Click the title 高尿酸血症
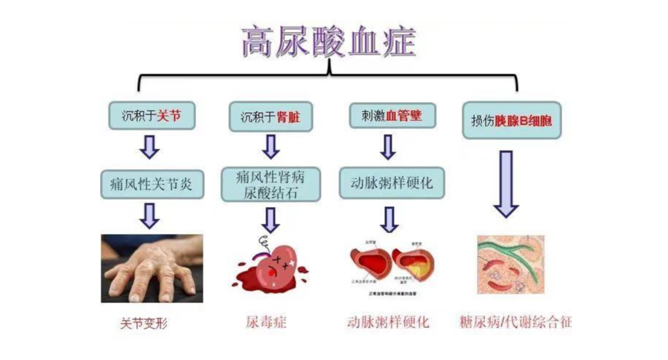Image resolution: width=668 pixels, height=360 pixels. [329, 42]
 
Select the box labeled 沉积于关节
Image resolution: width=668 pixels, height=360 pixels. [152, 115]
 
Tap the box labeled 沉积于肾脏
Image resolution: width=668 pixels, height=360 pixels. [271, 116]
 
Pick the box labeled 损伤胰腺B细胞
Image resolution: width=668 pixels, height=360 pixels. [512, 120]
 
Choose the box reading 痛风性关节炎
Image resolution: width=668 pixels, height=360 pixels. [152, 184]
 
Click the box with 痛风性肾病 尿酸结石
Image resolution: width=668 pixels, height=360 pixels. [271, 184]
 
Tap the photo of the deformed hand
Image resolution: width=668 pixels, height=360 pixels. [151, 267]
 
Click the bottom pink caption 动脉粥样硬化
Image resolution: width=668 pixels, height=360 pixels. [388, 321]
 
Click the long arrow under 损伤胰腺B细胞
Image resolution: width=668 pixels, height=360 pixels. [505, 184]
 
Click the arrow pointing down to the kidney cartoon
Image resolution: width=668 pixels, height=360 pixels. [271, 219]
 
